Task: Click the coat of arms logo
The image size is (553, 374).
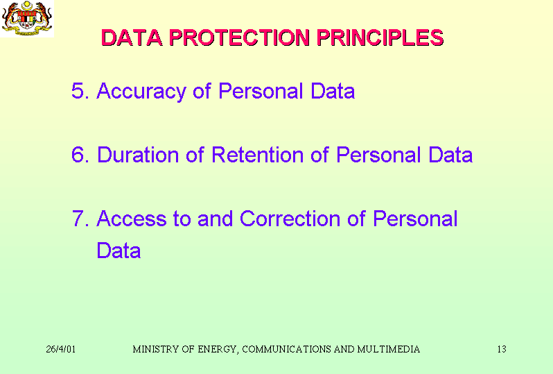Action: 27,18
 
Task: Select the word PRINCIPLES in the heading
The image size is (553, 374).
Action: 380,37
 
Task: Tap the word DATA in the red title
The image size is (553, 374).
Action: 132,37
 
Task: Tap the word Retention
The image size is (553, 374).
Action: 258,155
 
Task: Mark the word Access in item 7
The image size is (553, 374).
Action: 132,219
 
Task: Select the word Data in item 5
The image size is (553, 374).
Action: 333,91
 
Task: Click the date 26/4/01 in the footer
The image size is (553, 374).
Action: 61,349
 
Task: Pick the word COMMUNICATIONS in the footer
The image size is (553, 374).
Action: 286,349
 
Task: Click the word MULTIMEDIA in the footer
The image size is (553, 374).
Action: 389,349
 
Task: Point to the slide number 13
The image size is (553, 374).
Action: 502,349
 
